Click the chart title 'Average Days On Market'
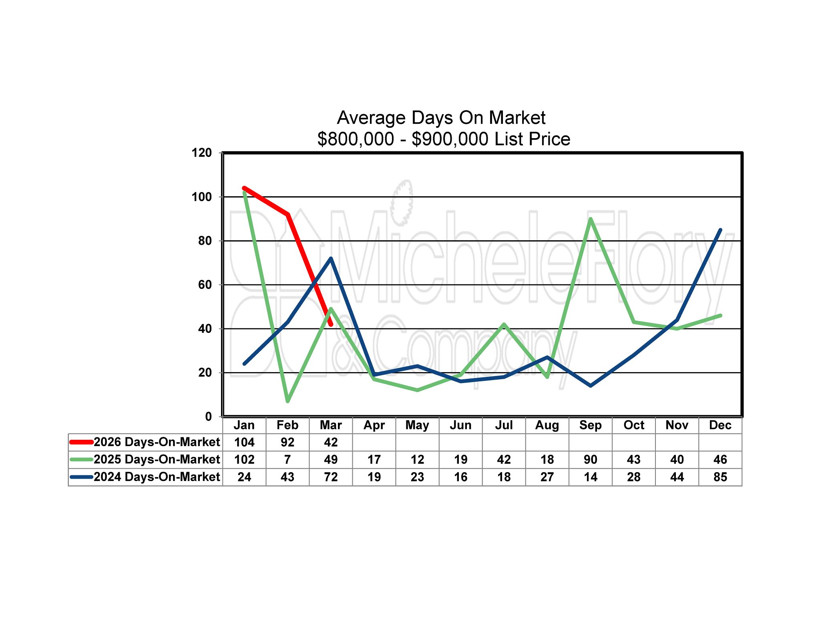441,118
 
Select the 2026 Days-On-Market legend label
157,442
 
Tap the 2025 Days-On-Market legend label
157,459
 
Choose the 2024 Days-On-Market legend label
157,477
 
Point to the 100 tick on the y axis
202,197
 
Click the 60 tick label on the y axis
205,285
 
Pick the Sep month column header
590,425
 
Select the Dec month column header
720,425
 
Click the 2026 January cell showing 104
244,442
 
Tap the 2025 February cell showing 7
287,459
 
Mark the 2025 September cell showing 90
590,459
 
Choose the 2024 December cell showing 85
720,477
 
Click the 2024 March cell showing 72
331,477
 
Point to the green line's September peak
590,219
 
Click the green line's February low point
287,401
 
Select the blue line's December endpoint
720,230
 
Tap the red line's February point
287,215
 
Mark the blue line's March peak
331,258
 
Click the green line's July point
504,324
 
